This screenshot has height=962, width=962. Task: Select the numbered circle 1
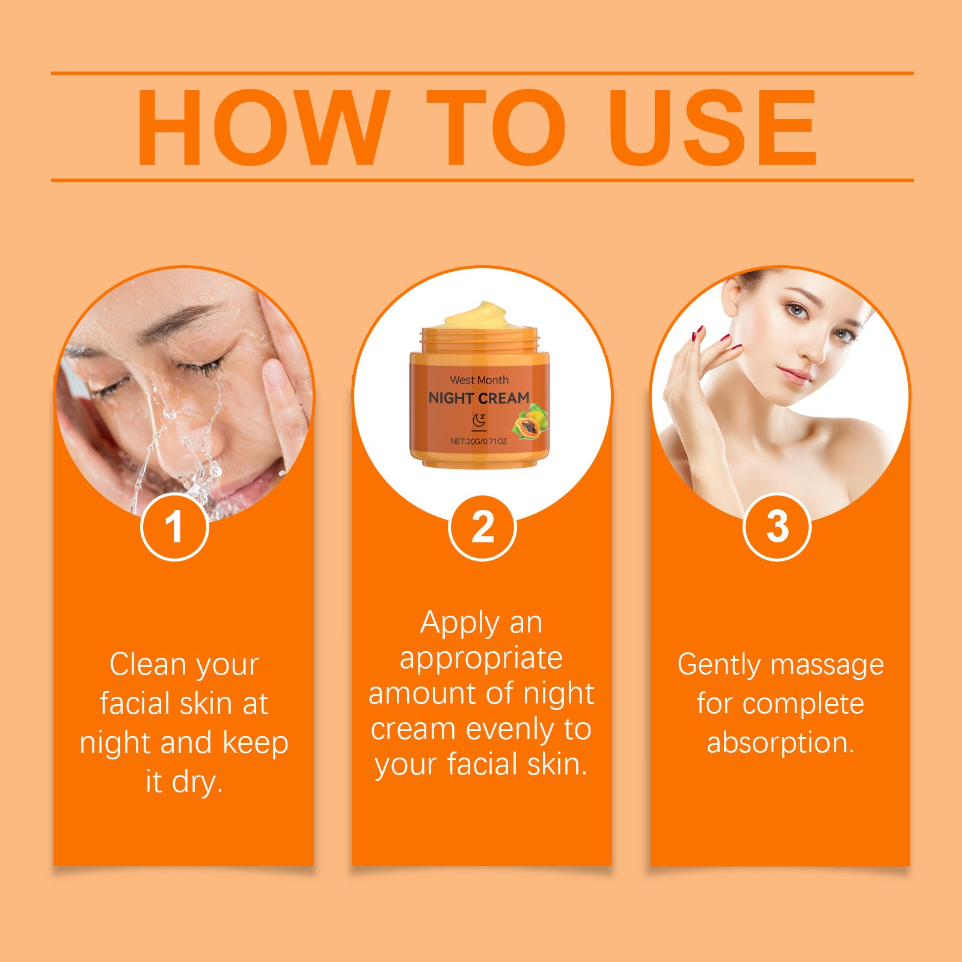coord(174,527)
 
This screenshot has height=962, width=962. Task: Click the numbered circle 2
coord(482,527)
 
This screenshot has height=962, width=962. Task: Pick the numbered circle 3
coord(777,527)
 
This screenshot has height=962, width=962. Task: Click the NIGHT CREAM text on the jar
coord(479,398)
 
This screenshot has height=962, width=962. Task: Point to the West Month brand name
coord(479,380)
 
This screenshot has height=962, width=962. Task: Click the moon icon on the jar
coord(479,420)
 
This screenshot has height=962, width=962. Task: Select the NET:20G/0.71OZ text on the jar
coord(479,441)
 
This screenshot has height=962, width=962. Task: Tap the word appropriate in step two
coord(481,659)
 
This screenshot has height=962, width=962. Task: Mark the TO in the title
coord(496,127)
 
